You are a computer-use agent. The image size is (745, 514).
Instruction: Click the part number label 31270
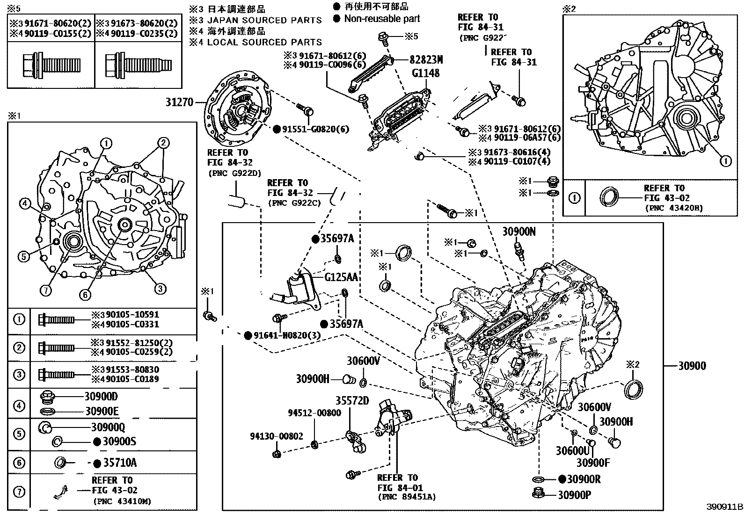tap(180, 102)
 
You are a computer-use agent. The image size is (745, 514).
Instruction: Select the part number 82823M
tap(426, 60)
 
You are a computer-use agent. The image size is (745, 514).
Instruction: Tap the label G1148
tap(425, 73)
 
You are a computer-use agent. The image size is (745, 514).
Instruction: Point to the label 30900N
tap(519, 231)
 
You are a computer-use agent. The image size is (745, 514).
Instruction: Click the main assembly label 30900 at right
tap(692, 366)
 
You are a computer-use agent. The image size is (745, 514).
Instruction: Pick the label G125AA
tap(341, 277)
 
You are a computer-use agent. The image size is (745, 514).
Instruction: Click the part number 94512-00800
tap(314, 413)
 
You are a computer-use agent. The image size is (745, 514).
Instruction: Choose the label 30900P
tap(574, 495)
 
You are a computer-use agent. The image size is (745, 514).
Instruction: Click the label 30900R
tap(579, 479)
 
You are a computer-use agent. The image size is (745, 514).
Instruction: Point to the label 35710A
tap(119, 463)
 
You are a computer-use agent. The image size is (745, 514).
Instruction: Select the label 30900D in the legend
tap(101, 397)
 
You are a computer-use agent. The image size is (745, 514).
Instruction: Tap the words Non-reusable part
tap(382, 19)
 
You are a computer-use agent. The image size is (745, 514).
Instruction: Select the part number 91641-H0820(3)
tap(288, 335)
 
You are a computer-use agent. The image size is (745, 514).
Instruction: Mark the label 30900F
tap(593, 463)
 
